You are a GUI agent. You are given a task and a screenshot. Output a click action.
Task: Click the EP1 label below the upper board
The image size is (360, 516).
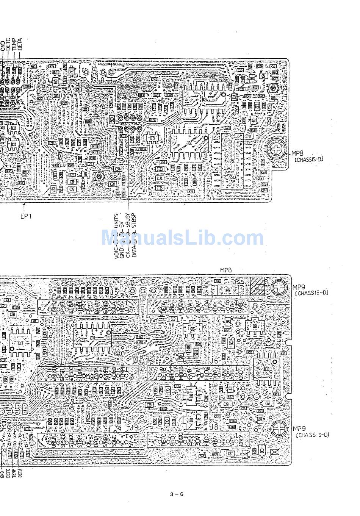tap(26, 216)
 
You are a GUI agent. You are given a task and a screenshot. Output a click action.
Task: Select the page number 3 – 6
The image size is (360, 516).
tap(177, 494)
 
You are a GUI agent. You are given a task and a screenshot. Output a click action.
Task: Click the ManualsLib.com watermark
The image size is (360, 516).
tap(182, 238)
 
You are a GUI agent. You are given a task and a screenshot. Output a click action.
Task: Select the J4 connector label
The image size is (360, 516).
tap(216, 319)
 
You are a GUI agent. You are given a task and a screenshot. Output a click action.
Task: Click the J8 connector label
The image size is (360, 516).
tap(214, 427)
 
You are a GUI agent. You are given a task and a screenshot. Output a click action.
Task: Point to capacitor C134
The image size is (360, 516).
tap(160, 178)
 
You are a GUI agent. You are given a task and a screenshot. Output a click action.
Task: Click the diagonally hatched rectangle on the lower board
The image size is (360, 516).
tap(258, 287)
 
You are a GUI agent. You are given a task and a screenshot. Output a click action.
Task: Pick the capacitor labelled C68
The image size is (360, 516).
tap(268, 404)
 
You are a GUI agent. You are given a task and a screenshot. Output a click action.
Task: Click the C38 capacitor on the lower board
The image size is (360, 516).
tap(13, 314)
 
